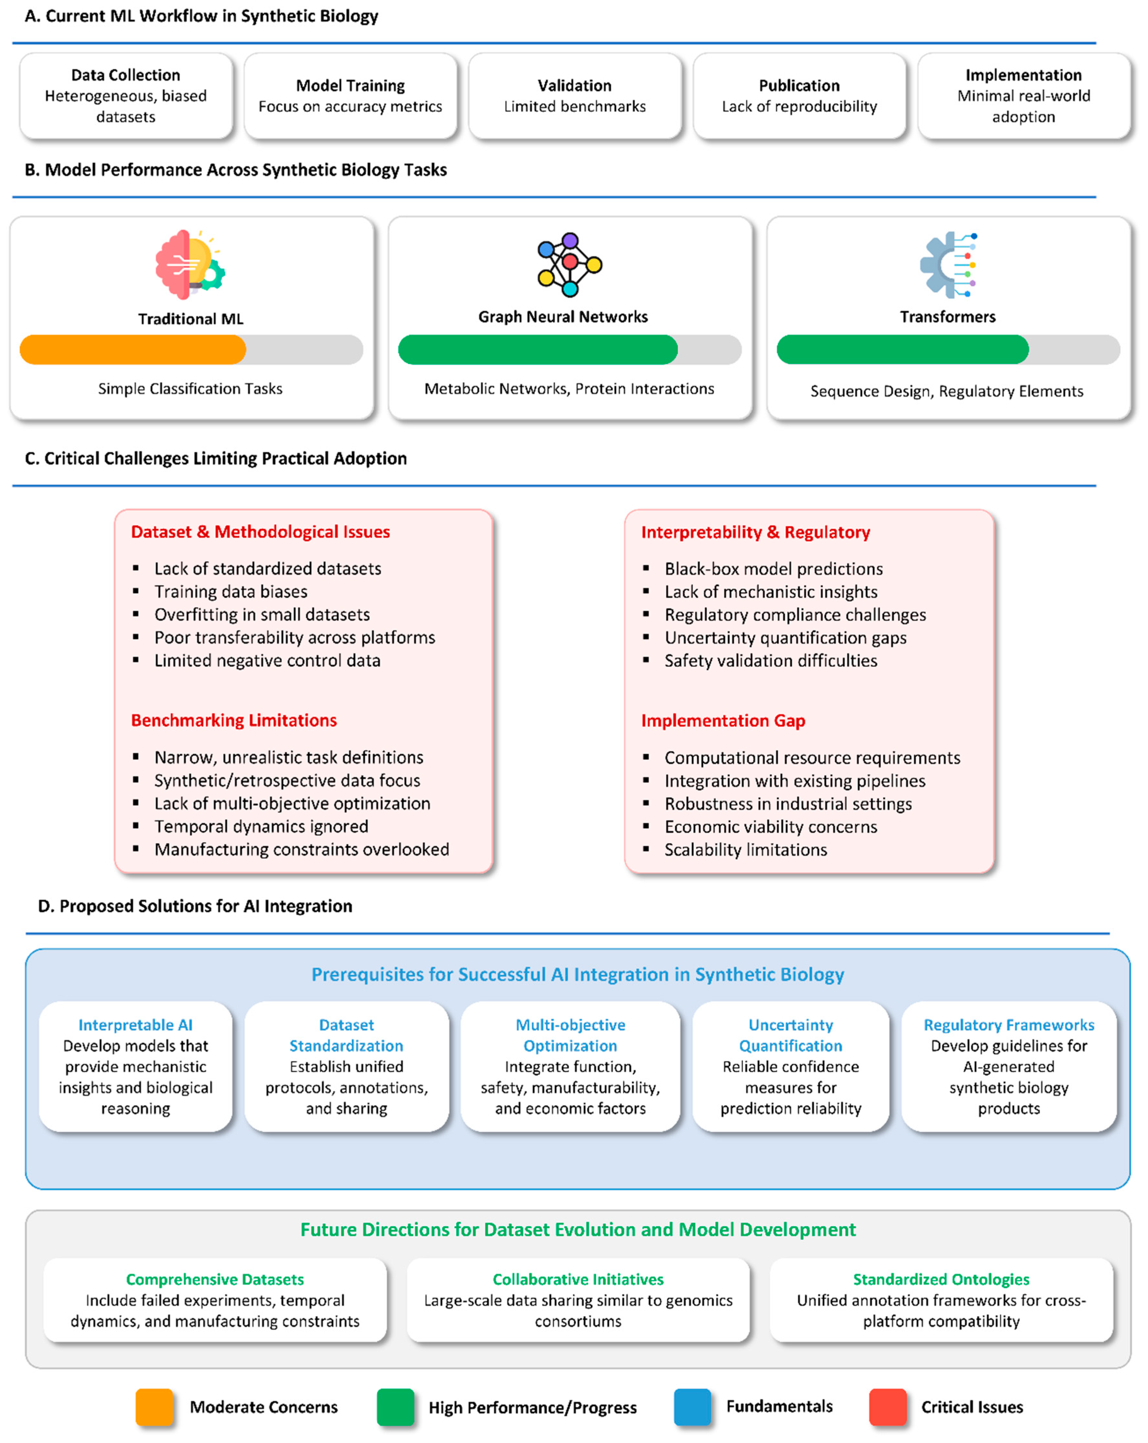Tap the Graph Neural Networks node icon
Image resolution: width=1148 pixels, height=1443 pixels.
(x=569, y=265)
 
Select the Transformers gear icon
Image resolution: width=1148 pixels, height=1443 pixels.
(x=947, y=265)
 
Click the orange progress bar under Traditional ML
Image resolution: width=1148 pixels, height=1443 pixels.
(x=133, y=349)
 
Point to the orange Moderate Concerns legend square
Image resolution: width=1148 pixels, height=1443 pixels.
(x=154, y=1407)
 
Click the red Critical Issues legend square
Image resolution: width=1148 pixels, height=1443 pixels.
(x=887, y=1407)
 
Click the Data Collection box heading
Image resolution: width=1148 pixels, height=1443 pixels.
(x=126, y=75)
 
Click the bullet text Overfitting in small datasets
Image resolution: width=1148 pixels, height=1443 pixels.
(x=261, y=614)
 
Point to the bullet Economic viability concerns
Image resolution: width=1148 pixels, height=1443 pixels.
(x=770, y=827)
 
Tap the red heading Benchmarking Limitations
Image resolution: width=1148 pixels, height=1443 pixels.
(x=233, y=720)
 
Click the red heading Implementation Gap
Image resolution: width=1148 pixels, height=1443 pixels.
(x=723, y=721)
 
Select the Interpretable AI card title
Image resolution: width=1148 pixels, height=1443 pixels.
(x=135, y=1025)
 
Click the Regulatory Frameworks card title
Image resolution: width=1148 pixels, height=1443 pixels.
(x=1008, y=1025)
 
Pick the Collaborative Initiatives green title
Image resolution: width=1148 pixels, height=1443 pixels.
(x=578, y=1279)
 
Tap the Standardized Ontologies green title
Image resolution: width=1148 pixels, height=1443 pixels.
(x=941, y=1279)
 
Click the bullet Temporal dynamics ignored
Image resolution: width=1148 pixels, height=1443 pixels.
(x=261, y=827)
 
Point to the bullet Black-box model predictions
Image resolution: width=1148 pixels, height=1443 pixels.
(x=773, y=569)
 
